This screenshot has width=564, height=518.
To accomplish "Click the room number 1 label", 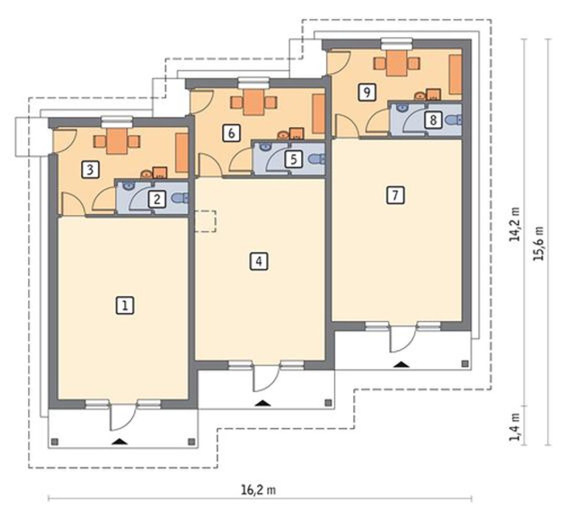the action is point(125,305).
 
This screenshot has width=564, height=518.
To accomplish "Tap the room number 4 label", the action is point(259,262).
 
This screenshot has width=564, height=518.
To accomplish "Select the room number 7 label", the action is point(395,195).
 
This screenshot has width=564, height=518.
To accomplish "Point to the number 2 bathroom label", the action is point(157,199).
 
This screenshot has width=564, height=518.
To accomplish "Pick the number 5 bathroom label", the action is point(293,159).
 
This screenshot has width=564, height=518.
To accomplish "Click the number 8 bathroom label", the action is point(433,120).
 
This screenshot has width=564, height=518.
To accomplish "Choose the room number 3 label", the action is point(90,170).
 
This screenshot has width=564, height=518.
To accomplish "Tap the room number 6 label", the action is point(231,133).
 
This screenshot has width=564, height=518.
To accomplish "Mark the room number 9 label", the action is point(367,92).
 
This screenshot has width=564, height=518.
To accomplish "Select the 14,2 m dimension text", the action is point(515,224).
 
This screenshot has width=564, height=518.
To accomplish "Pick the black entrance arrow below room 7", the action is point(401,365).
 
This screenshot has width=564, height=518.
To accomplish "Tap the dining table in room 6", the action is point(254,102).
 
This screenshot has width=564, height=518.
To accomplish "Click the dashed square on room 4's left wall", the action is point(205,221).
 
